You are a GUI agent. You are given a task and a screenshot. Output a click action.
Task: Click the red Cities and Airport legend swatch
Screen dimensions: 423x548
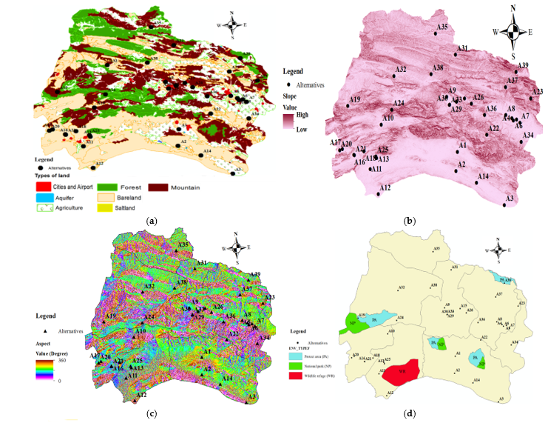click(43, 187)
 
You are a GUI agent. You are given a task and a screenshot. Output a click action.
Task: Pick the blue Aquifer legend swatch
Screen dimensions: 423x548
click(43, 199)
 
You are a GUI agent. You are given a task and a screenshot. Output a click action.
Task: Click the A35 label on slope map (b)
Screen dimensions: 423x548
click(442, 27)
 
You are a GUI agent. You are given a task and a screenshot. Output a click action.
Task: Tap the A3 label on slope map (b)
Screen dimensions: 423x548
click(509, 199)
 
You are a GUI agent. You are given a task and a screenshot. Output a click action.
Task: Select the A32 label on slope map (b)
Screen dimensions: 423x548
click(401, 70)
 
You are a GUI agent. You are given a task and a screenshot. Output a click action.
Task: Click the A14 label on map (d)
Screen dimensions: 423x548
click(476, 380)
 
